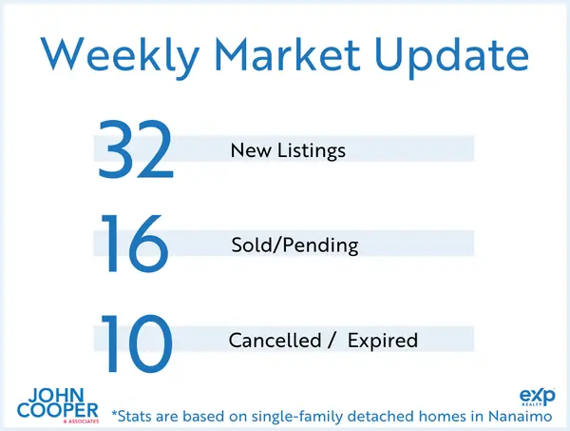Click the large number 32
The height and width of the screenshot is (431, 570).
point(136,149)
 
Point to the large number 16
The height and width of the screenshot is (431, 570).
point(136,245)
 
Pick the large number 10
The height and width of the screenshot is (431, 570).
point(136,340)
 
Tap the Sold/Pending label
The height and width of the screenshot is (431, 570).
point(294,245)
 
